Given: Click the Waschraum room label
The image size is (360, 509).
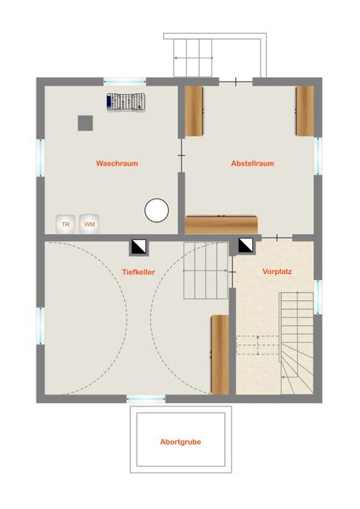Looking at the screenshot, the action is (117, 163).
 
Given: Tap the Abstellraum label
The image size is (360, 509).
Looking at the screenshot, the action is (252, 163).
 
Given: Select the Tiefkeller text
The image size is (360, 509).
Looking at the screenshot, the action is (138, 272).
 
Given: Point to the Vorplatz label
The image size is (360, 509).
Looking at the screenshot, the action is (277, 271).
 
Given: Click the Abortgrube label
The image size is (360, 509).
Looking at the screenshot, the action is (180, 442).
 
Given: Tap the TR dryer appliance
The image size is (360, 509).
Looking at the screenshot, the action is (65, 224).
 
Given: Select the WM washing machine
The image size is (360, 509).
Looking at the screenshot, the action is (89, 224).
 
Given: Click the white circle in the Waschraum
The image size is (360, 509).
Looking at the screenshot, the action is (156, 210).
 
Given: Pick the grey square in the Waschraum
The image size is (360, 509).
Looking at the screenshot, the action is (86, 123).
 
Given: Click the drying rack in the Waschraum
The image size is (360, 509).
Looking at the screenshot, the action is (126, 102).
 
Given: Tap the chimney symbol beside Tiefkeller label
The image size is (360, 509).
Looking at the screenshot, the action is (140, 248).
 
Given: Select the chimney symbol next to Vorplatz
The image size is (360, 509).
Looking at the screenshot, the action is (245, 246).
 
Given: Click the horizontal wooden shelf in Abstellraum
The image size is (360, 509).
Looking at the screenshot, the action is (222, 225).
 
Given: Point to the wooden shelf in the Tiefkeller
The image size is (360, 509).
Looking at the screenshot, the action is (220, 355).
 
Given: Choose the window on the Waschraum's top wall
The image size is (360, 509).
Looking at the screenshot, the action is (125, 81).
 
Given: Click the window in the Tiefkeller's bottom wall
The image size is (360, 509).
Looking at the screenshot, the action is (146, 399).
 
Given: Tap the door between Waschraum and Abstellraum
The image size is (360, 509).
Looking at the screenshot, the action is (182, 156).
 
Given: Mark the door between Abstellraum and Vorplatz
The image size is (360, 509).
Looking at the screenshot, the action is (277, 238).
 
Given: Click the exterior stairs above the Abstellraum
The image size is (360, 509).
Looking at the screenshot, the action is (193, 58).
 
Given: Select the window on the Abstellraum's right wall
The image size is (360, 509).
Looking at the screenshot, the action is (318, 156).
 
